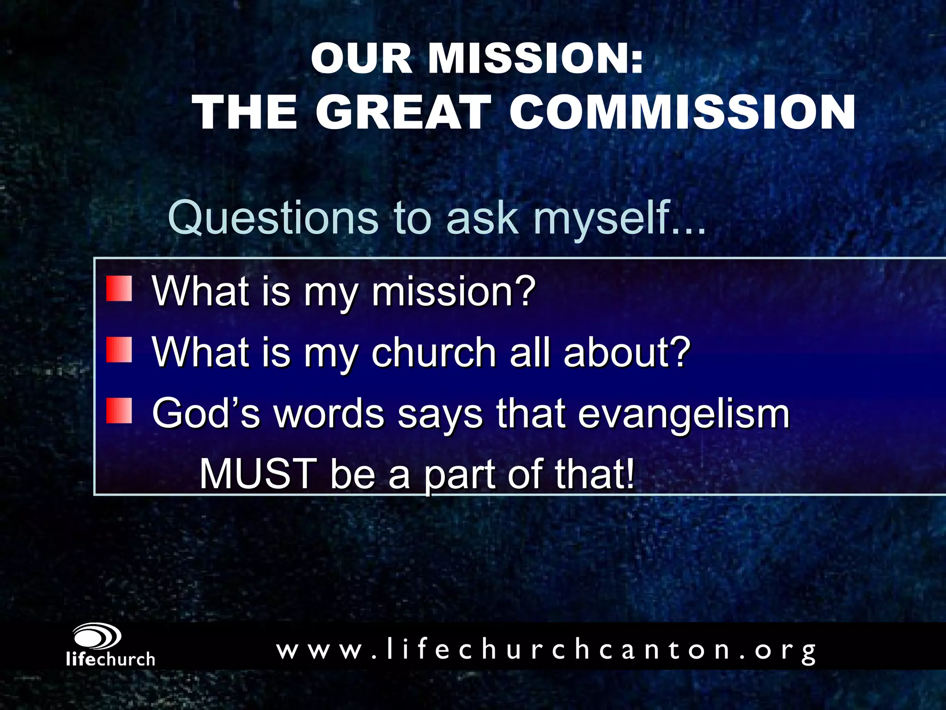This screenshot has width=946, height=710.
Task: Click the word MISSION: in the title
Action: [x=536, y=59]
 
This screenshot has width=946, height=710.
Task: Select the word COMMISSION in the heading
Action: [x=683, y=112]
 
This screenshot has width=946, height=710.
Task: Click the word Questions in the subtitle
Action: [x=273, y=217]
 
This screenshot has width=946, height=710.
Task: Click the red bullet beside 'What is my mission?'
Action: [x=119, y=288]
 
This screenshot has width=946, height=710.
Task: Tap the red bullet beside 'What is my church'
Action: [x=119, y=350]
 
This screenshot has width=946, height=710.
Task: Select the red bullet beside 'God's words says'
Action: [x=119, y=411]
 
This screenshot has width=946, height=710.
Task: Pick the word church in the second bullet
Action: [x=434, y=352]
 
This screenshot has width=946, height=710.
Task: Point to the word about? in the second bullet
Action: [x=627, y=352]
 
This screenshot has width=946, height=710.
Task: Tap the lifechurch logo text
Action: [x=110, y=659]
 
